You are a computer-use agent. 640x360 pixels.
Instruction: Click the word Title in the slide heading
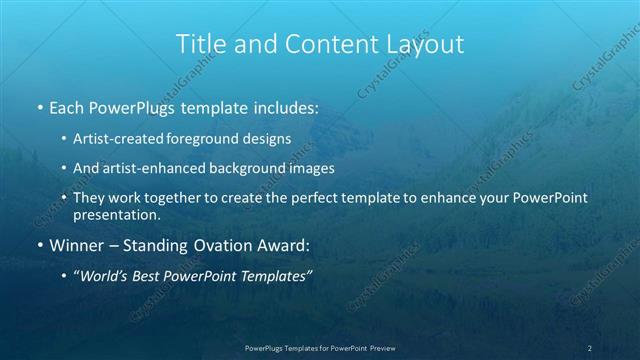pyautogui.click(x=199, y=44)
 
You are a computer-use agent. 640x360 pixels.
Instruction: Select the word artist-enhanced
pyautogui.click(x=144, y=168)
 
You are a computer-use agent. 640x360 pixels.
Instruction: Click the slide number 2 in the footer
pyautogui.click(x=590, y=348)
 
